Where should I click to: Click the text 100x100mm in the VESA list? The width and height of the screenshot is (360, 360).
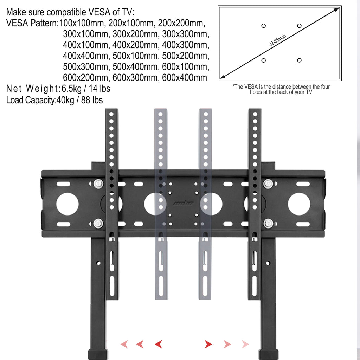(x=82, y=23)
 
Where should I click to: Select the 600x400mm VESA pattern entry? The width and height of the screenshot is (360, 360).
(x=185, y=78)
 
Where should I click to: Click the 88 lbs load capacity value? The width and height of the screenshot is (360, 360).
(x=92, y=100)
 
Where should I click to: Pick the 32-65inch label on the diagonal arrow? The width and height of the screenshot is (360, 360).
(x=277, y=40)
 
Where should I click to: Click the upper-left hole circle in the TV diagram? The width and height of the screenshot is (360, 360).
(x=264, y=26)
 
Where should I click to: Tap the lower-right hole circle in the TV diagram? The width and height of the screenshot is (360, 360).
(x=299, y=60)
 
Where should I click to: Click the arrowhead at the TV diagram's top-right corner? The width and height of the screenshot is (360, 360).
(x=336, y=10)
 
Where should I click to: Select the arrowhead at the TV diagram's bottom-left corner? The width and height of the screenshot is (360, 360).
(x=223, y=76)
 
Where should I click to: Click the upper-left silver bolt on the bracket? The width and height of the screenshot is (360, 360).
(x=98, y=184)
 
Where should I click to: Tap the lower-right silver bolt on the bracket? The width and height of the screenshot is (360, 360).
(x=268, y=223)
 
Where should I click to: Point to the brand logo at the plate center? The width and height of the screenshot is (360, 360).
(x=183, y=203)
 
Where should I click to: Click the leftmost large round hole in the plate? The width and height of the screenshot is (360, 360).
(x=67, y=204)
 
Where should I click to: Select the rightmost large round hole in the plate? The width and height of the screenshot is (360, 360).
(x=299, y=204)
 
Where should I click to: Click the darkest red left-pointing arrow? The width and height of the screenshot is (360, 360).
(x=159, y=344)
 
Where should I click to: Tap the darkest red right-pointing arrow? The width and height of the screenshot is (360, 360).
(x=208, y=344)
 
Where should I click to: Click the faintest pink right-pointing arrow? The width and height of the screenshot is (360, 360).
(x=245, y=344)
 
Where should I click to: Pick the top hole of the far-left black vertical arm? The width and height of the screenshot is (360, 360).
(x=111, y=114)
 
